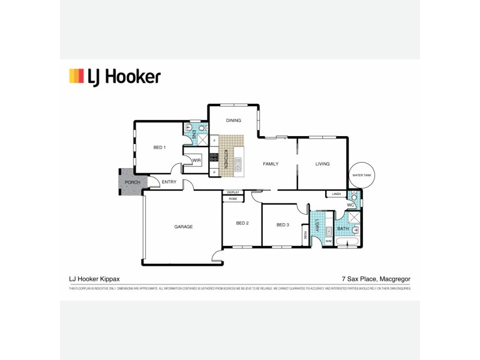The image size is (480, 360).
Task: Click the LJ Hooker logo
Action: click(115, 77)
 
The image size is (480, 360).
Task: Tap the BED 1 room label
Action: click(159, 147)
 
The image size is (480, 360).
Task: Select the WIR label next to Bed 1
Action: click(196, 160)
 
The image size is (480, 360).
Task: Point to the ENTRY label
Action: click(169, 182)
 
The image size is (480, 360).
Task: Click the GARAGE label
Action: click(183, 227)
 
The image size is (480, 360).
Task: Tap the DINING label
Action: click(233, 121)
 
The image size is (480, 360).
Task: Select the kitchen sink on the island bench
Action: click(238, 163)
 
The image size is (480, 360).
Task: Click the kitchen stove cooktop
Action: click(213, 158)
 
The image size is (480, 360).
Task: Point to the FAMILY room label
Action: click(269, 164)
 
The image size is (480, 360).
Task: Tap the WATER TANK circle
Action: click(362, 175)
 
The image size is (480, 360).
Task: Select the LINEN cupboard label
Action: click(336, 194)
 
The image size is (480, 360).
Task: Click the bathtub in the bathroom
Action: click(348, 242)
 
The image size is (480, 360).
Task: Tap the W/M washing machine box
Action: click(328, 241)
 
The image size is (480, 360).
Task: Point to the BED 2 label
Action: click(242, 223)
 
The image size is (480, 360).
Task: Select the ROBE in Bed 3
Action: click(305, 235)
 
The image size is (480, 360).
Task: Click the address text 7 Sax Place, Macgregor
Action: click(376, 279)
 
